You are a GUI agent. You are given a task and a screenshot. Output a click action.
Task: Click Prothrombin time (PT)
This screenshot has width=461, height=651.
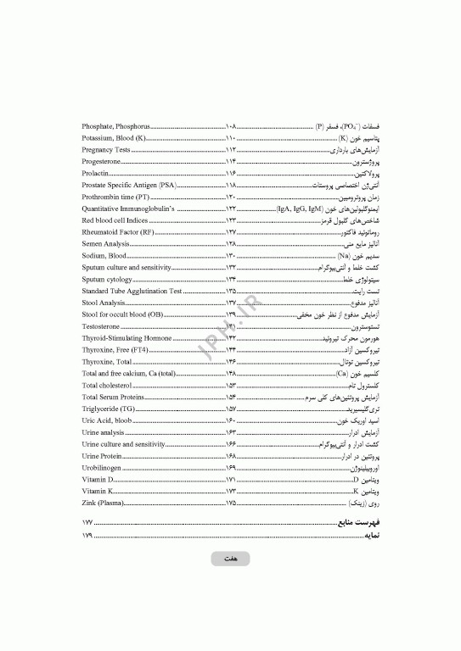(x=115, y=196)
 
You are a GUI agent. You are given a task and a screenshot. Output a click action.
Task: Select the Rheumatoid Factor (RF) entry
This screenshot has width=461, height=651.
(x=118, y=231)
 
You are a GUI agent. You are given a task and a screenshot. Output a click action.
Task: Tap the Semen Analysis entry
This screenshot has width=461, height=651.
(x=106, y=243)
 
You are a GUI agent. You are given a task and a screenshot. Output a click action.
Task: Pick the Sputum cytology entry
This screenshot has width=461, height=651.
(x=107, y=279)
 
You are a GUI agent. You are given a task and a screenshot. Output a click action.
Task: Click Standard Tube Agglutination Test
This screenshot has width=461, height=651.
(x=132, y=291)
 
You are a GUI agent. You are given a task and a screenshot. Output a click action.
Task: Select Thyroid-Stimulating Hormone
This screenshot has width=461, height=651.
(x=126, y=337)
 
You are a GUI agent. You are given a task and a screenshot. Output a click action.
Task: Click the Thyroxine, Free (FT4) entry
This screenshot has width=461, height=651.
(x=114, y=349)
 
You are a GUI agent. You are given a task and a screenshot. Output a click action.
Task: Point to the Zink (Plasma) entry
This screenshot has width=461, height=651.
(x=103, y=503)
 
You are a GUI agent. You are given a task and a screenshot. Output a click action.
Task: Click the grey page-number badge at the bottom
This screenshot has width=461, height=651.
(x=230, y=559)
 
